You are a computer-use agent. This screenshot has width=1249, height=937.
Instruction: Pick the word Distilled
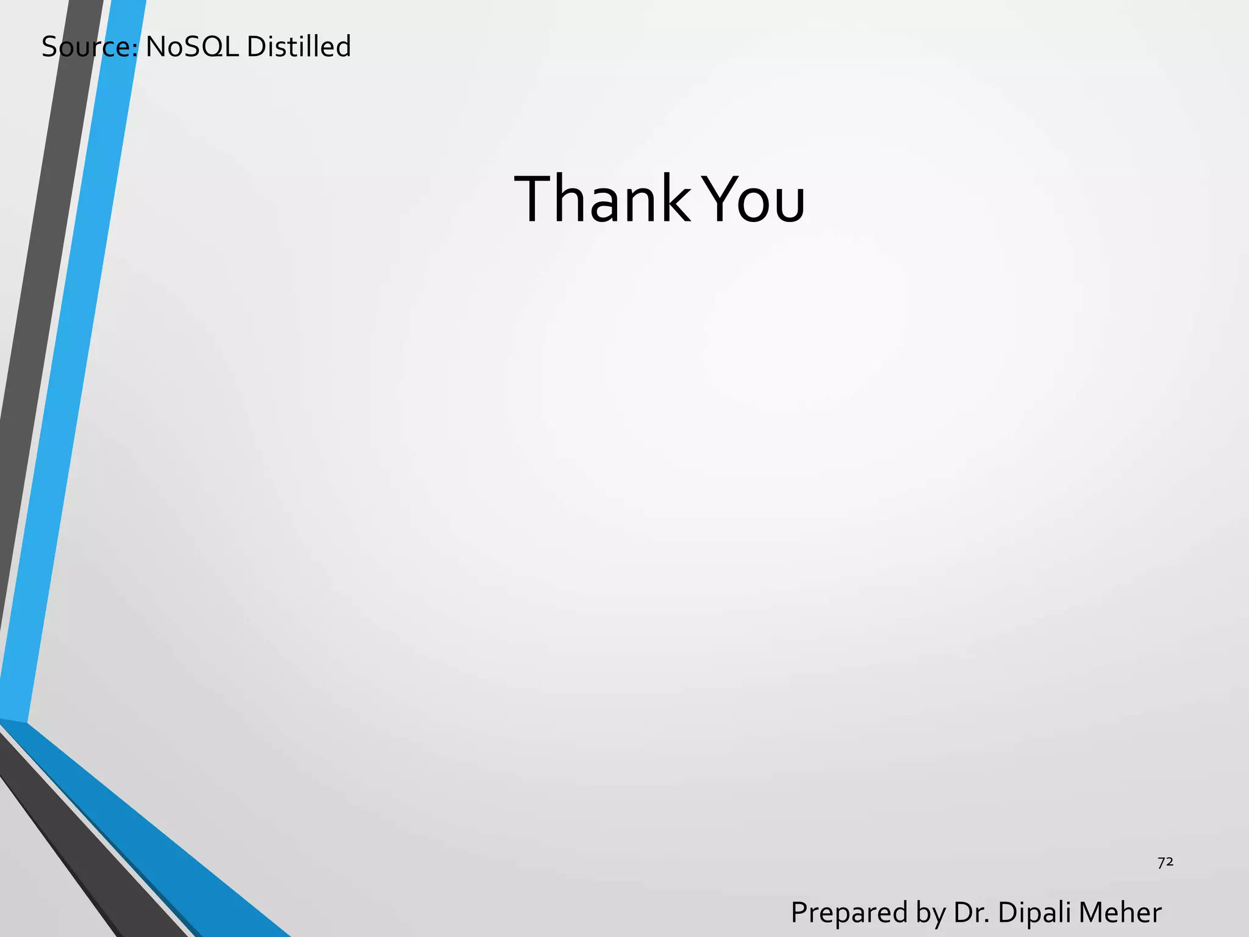[x=299, y=47]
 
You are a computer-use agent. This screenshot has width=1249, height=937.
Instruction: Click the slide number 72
[x=1165, y=862]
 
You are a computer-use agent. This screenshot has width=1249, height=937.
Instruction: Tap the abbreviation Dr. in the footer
[x=972, y=913]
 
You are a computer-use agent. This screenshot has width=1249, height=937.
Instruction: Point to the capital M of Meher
[x=1092, y=913]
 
